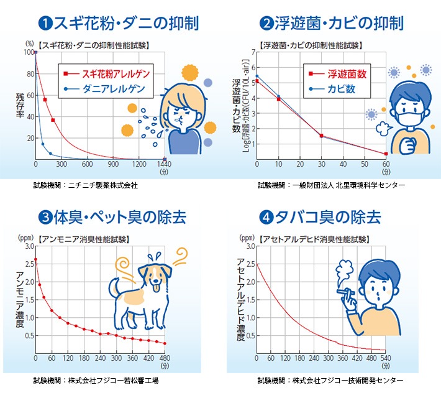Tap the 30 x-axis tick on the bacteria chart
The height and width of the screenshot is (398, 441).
point(321,165)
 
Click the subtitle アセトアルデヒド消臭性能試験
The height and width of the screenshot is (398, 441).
point(317,238)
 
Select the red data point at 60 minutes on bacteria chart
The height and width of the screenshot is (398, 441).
point(386,154)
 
